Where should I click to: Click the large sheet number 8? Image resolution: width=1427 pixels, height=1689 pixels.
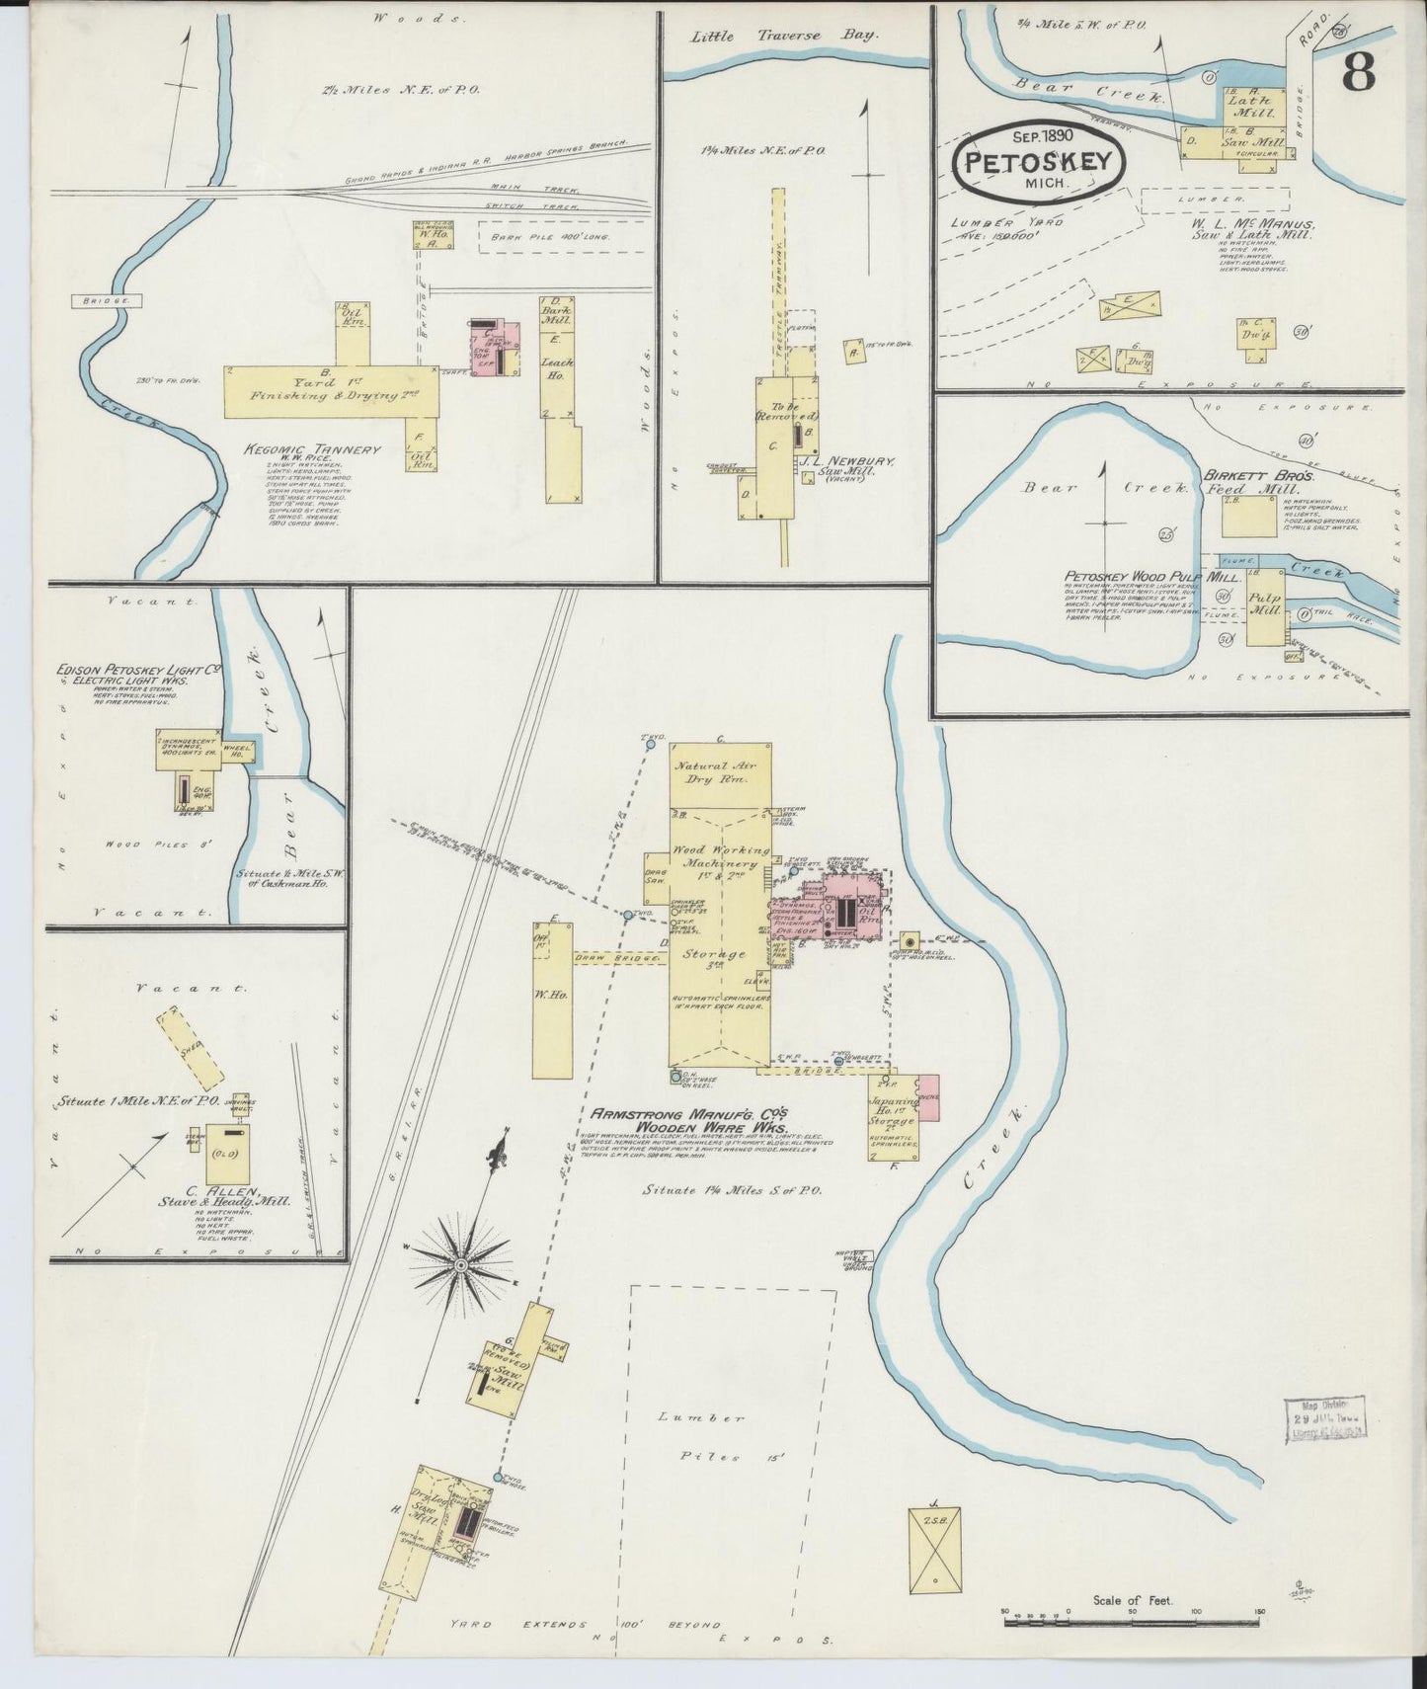tap(1364, 74)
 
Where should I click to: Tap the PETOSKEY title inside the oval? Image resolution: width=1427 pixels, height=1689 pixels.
tap(1041, 163)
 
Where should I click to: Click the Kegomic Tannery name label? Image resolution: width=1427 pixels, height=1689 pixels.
tap(312, 449)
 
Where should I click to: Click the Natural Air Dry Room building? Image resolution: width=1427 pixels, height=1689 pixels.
tap(720, 773)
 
